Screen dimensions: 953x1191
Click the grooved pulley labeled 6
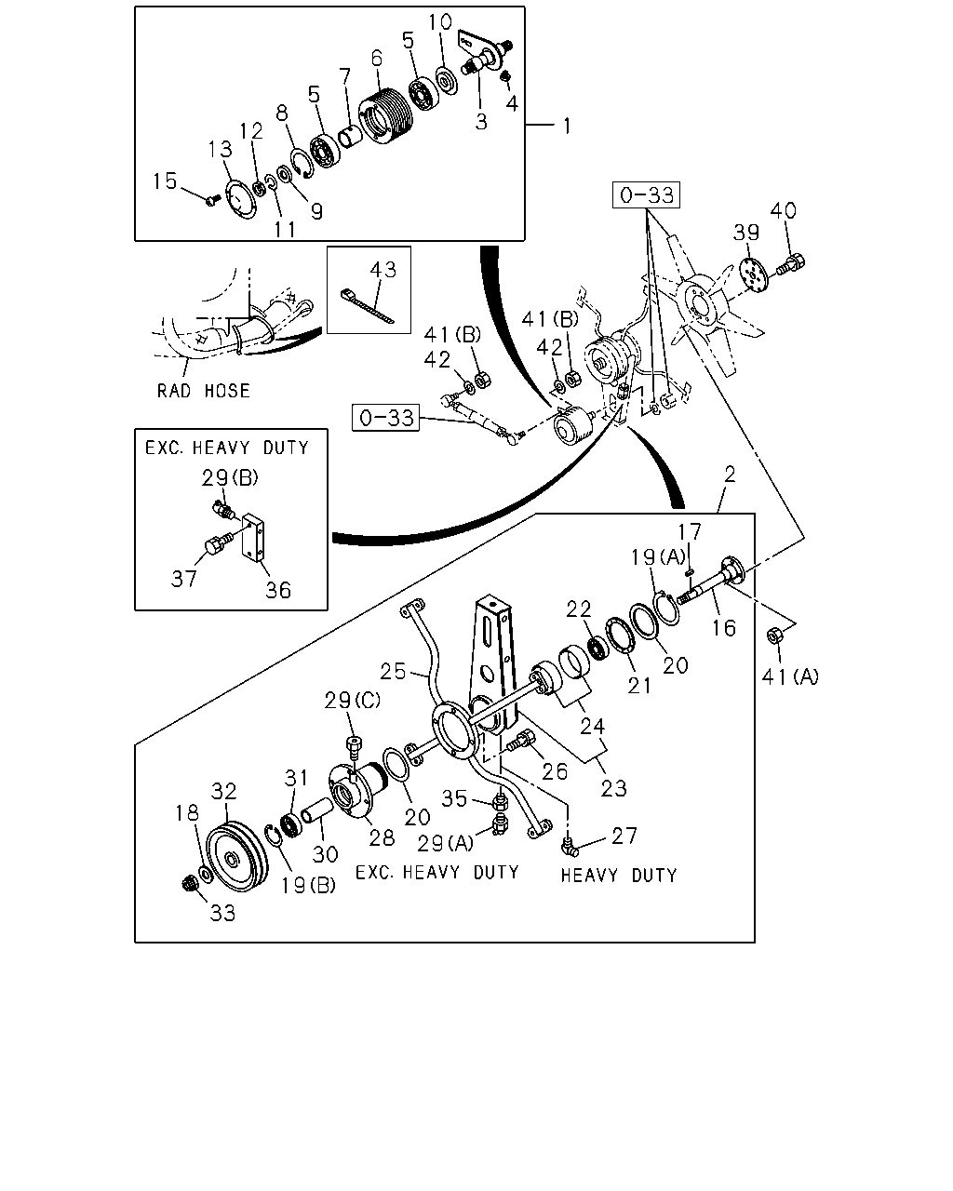[x=385, y=115]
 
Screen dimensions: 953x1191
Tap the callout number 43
[x=383, y=270]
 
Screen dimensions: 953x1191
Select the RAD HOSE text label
[x=203, y=391]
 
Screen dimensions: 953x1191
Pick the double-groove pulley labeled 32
[x=236, y=855]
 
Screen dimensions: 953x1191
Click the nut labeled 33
[x=189, y=884]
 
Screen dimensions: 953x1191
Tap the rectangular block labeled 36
[x=253, y=538]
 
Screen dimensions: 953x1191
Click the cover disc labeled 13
[x=241, y=199]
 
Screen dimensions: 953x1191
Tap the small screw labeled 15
[x=212, y=200]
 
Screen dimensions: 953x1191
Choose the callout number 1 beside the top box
[x=566, y=127]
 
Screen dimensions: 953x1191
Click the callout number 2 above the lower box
[x=730, y=474]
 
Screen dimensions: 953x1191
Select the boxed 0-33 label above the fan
[x=646, y=194]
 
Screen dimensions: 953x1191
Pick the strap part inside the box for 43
[x=367, y=307]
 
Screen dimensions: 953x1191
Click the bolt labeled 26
[x=521, y=740]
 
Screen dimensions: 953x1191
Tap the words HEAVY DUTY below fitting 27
[x=619, y=875]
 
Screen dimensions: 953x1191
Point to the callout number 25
[x=393, y=671]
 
